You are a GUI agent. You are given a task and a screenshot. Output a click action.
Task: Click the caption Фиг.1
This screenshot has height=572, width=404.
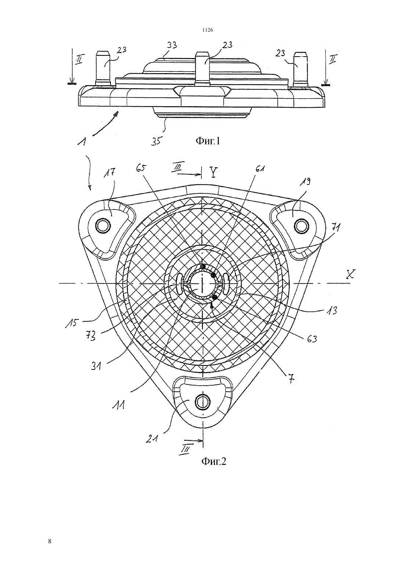pyautogui.click(x=208, y=141)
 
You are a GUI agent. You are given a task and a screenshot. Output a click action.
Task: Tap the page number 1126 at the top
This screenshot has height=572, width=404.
pyautogui.click(x=208, y=30)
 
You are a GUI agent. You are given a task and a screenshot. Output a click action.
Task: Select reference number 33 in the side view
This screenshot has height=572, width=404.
pyautogui.click(x=172, y=45)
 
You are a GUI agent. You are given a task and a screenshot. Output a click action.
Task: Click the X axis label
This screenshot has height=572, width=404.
pyautogui.click(x=350, y=275)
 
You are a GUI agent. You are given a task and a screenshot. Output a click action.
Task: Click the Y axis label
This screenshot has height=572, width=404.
pyautogui.click(x=213, y=172)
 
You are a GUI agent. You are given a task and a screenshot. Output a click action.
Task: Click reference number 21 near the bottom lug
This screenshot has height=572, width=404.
pyautogui.click(x=151, y=439)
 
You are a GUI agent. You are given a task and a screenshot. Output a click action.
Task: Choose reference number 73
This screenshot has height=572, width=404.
pyautogui.click(x=91, y=336)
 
